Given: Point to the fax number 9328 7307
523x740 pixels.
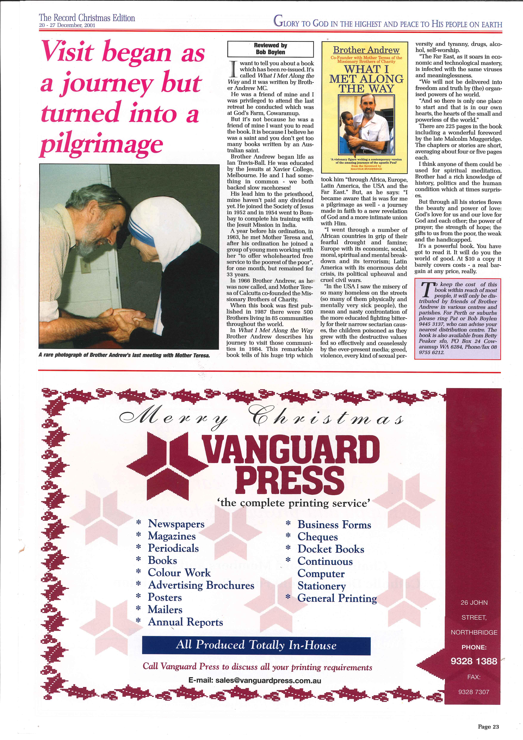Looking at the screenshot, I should [x=474, y=692].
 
